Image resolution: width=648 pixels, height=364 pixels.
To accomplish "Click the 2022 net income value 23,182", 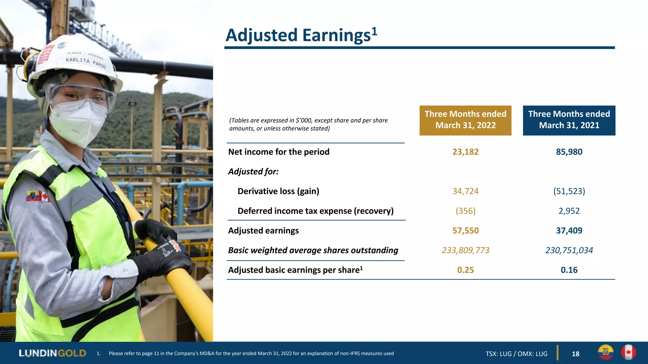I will click(465, 152).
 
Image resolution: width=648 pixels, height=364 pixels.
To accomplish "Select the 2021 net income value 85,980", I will click(569, 152).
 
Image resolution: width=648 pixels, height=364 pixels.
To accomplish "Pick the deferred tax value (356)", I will click(465, 211).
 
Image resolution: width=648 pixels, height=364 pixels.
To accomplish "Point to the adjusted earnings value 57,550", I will click(465, 231).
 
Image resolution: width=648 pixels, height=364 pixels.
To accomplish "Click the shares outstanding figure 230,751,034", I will click(569, 250).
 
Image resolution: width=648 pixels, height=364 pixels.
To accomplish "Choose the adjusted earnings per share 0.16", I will click(569, 270).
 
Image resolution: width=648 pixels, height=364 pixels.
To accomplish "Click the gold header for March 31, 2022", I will click(465, 120).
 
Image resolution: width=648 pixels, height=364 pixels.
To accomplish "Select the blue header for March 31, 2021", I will click(569, 120).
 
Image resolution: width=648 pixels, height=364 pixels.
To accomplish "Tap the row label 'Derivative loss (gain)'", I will click(278, 191).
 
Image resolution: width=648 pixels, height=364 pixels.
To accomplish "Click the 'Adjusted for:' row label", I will click(253, 172).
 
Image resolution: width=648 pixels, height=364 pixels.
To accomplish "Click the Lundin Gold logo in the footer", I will click(52, 353).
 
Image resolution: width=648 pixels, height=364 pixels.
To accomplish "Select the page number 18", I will click(576, 354).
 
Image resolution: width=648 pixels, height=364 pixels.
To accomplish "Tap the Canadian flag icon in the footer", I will click(628, 352).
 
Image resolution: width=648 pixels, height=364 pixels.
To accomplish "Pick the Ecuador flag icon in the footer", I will click(606, 352).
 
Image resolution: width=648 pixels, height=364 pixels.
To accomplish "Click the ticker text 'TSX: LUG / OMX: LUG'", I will click(516, 354).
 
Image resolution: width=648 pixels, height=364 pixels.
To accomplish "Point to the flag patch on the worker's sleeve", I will click(38, 197).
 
